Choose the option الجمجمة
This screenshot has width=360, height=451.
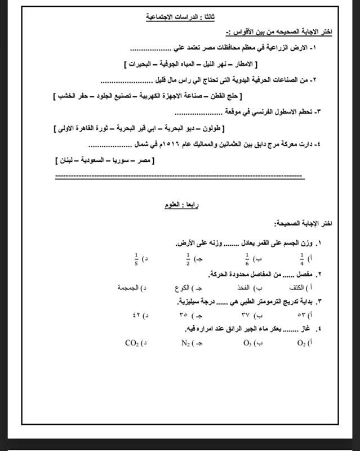point(128,288)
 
